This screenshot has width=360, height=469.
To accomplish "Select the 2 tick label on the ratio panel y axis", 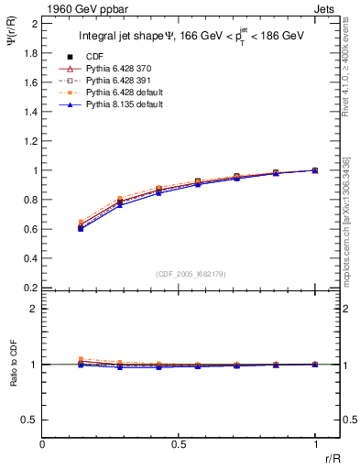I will pos(35,309).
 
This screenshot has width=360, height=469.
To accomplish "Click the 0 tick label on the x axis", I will pos(43,444).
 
